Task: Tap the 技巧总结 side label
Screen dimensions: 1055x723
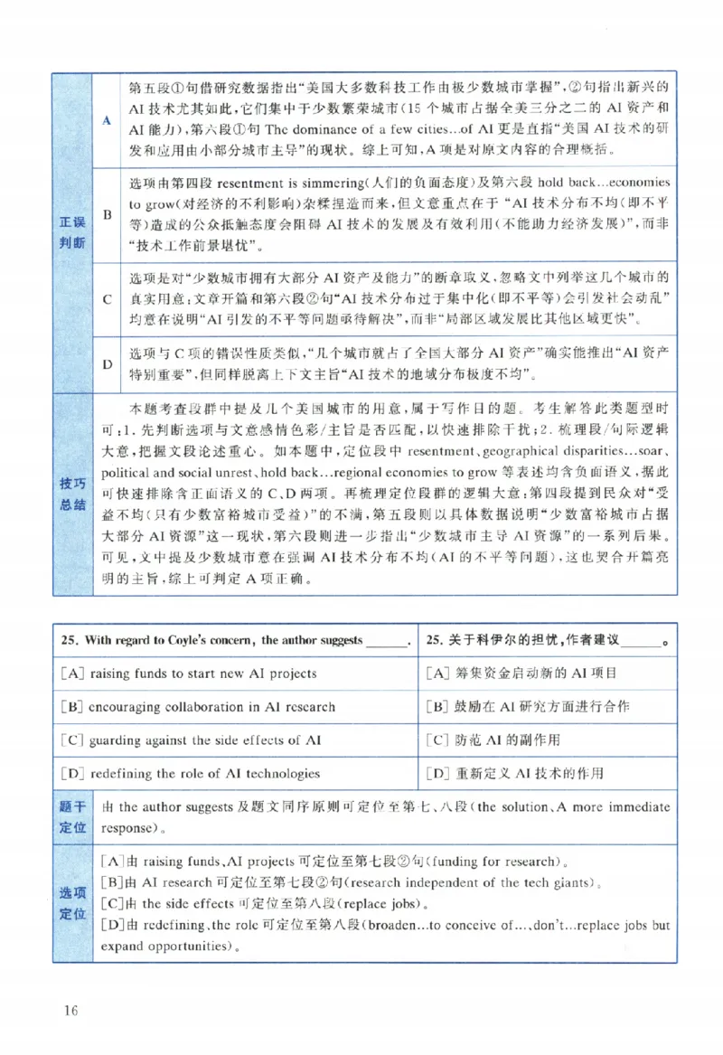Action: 72,494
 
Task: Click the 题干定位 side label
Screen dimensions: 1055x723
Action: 72,816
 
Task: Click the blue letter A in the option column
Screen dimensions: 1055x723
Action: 107,120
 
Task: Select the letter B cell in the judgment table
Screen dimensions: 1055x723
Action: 107,215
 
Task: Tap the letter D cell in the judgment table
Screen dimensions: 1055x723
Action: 107,363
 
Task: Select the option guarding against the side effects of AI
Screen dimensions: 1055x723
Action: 191,739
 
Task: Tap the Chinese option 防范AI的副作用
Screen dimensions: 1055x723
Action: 493,739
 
